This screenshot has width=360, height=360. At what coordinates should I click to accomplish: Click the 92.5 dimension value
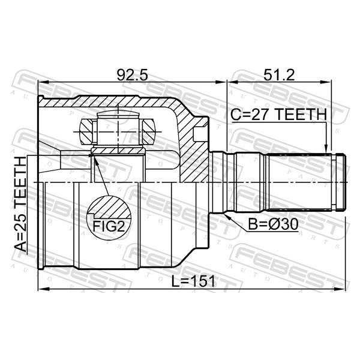(132, 75)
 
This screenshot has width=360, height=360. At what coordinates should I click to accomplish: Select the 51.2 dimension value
(279, 75)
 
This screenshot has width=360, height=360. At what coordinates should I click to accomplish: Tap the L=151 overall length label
(194, 281)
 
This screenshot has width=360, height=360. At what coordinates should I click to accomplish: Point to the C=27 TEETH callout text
(278, 115)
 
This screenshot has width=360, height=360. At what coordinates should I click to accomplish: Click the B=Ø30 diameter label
(273, 224)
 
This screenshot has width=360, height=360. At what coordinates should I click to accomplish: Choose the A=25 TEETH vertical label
(20, 204)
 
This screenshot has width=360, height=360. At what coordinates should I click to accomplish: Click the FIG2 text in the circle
(109, 227)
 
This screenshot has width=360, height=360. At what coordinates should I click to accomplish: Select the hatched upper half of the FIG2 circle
(109, 207)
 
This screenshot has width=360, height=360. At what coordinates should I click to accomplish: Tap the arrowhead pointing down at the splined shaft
(326, 149)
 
